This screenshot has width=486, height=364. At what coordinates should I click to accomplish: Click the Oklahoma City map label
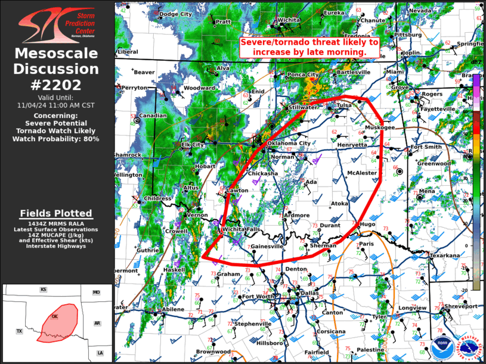click(289, 143)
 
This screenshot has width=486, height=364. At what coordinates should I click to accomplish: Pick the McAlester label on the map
click(362, 173)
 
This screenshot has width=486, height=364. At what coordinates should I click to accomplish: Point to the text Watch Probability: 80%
click(56, 139)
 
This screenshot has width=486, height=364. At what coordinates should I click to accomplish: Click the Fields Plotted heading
click(56, 213)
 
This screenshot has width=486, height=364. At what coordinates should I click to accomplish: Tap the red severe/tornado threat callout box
click(309, 47)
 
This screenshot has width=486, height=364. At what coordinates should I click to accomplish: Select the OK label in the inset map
click(55, 316)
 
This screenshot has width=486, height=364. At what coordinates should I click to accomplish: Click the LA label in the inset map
click(100, 353)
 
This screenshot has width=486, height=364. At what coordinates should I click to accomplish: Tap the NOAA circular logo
click(441, 347)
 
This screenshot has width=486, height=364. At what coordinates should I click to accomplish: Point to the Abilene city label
click(173, 309)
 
